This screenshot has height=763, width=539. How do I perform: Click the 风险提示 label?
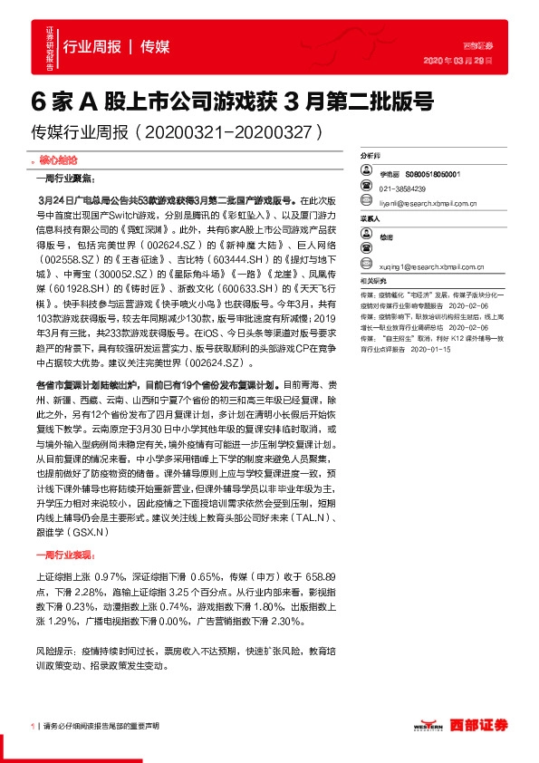coord(56,651)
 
